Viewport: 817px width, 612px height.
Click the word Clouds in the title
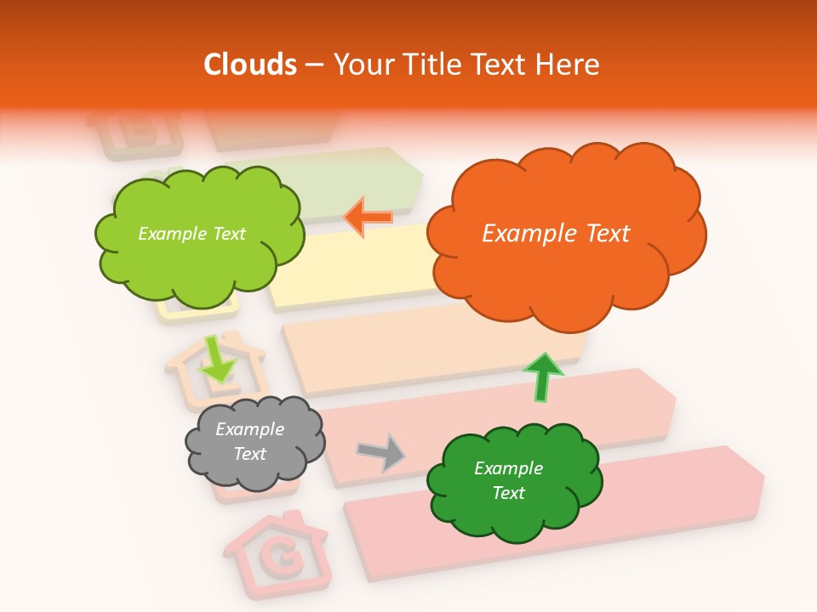(x=250, y=65)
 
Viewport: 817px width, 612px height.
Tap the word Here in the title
(x=569, y=65)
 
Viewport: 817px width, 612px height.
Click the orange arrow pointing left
(x=369, y=217)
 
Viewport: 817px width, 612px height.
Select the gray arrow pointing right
(x=382, y=451)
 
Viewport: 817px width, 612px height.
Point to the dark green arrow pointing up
(x=542, y=377)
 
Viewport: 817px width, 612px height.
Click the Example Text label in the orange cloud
(x=556, y=234)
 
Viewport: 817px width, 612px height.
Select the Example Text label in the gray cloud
(x=249, y=442)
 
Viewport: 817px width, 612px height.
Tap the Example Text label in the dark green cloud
(x=508, y=480)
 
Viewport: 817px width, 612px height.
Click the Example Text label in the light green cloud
(x=191, y=234)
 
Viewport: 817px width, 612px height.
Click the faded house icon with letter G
(x=275, y=552)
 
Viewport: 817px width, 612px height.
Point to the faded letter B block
(x=136, y=132)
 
